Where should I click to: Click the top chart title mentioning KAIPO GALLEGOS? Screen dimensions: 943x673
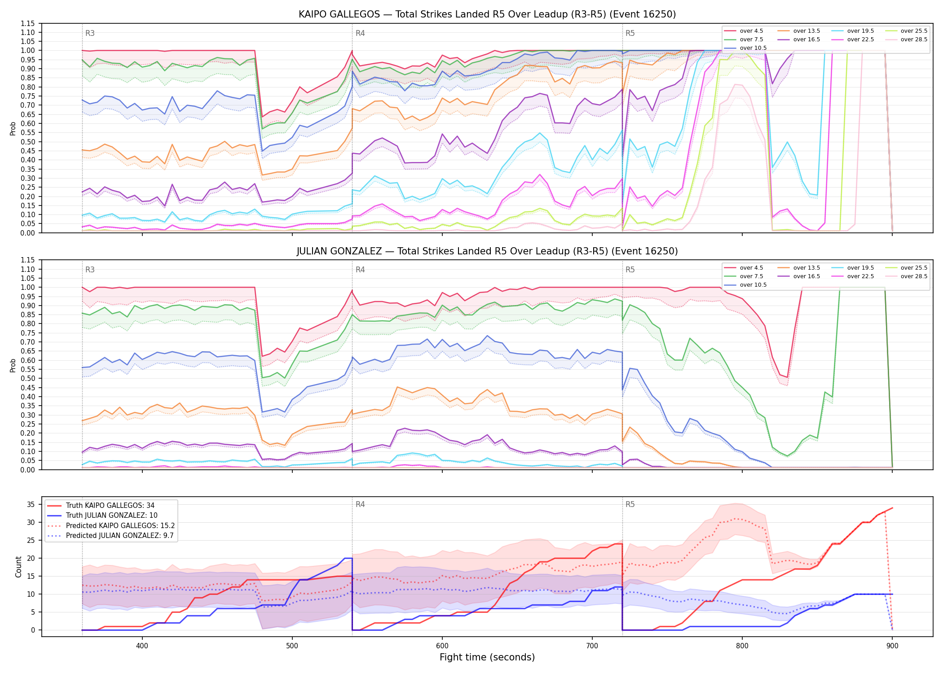[487, 14]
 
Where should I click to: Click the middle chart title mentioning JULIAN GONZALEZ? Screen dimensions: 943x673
[487, 251]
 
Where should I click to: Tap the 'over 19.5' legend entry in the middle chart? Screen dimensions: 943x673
[853, 268]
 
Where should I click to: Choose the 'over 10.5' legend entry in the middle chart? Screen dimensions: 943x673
[745, 285]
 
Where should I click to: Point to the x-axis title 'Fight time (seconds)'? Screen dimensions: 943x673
[487, 657]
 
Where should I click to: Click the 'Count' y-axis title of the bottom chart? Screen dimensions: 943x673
[18, 567]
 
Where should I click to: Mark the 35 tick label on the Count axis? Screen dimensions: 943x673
[31, 504]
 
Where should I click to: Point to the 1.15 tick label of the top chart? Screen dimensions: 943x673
[28, 23]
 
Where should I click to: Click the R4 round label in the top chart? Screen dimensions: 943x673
[360, 33]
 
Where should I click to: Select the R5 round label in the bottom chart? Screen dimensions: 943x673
[630, 504]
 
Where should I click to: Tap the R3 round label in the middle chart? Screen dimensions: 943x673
[90, 270]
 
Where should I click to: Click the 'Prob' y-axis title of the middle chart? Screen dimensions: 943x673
[13, 365]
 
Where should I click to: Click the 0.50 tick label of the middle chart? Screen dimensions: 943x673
[28, 378]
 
